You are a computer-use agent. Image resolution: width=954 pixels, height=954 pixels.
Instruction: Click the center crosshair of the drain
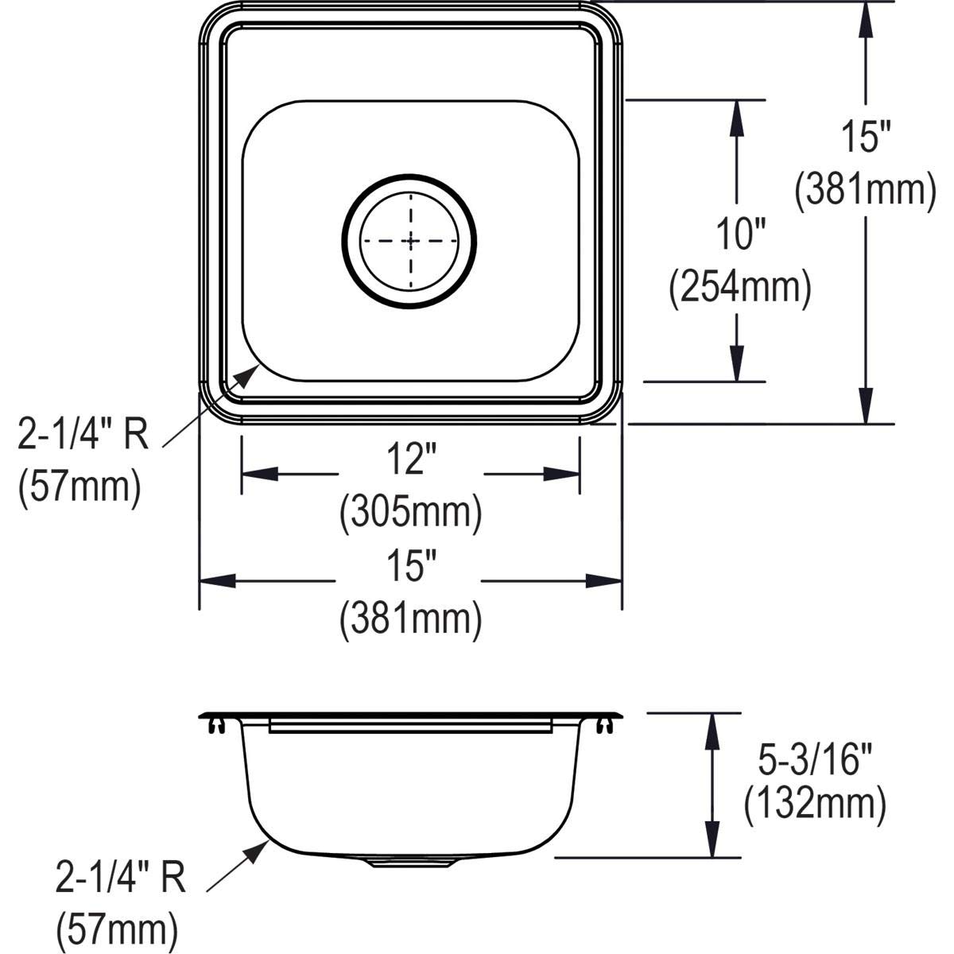click(410, 239)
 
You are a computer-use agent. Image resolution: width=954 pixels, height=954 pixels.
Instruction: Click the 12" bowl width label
click(410, 461)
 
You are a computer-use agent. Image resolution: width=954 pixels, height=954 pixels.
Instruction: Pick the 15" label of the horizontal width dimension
click(410, 569)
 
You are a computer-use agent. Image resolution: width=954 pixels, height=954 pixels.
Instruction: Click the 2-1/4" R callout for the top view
click(83, 436)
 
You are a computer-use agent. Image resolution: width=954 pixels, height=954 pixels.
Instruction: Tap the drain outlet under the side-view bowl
click(410, 863)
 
